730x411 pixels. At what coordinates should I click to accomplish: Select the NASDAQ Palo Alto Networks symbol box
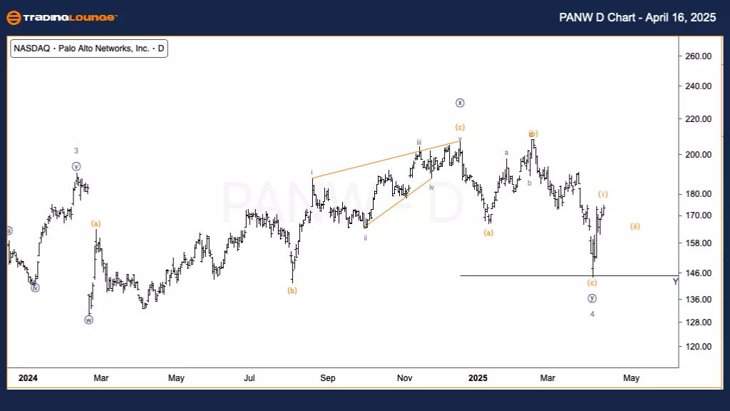89,49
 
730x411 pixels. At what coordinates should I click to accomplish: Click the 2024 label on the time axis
28,377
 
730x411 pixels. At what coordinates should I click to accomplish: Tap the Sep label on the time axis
327,377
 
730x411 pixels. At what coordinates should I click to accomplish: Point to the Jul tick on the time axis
250,377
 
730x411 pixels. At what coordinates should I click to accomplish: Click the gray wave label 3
76,151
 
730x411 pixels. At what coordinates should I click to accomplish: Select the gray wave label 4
592,314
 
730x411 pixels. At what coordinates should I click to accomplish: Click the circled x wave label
461,103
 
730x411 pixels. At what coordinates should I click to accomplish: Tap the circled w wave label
89,320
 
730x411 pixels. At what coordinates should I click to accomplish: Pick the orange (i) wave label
603,194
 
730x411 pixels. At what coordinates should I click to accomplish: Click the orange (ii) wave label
634,226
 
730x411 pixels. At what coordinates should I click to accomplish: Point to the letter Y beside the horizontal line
676,281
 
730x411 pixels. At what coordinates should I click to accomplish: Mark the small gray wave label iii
419,142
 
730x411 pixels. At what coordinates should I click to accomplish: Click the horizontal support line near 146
556,275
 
